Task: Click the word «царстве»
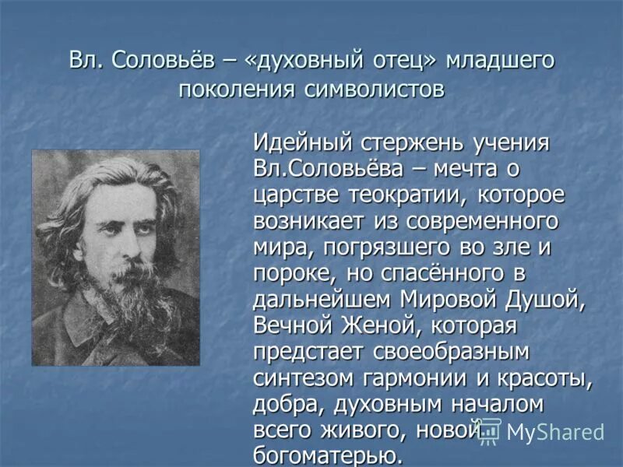290,195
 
